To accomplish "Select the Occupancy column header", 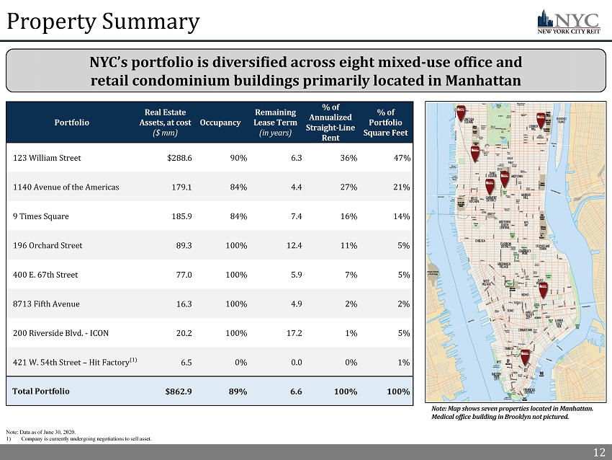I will [x=220, y=123].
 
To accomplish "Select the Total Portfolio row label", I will [x=41, y=391].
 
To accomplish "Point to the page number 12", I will [x=598, y=452].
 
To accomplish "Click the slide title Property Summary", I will [x=103, y=22].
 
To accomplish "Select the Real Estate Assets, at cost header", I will [x=166, y=123].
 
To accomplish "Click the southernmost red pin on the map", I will [x=526, y=355].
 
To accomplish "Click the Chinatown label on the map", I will [x=525, y=329].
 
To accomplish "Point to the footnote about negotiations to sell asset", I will [x=87, y=438].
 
